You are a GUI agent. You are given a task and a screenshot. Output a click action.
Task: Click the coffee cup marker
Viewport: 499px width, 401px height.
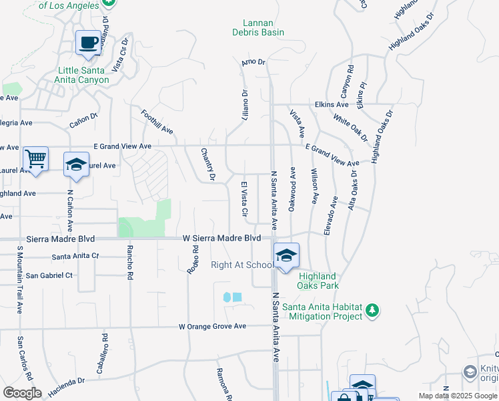click(88, 43)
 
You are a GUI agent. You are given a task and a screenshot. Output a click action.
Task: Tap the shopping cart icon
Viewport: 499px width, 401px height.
click(35, 160)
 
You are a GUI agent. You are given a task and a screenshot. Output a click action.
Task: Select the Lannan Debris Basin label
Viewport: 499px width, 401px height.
click(258, 27)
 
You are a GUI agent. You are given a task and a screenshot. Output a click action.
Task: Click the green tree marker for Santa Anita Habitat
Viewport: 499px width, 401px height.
click(372, 311)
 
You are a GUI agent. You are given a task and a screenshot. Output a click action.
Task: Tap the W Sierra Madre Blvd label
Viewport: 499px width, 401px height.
click(221, 238)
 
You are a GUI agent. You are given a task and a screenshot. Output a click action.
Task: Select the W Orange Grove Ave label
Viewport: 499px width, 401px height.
click(212, 326)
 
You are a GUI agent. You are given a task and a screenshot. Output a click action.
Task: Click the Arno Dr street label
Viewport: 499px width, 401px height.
click(254, 62)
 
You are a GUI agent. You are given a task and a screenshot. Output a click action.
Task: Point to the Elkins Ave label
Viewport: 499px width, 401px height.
click(332, 105)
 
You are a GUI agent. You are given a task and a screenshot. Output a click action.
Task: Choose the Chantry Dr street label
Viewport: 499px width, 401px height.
click(208, 164)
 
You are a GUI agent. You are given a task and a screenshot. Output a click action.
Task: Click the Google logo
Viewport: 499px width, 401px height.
click(21, 393)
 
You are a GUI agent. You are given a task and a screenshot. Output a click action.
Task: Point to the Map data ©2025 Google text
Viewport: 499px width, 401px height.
click(458, 396)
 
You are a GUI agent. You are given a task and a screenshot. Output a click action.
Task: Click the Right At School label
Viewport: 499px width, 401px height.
click(241, 265)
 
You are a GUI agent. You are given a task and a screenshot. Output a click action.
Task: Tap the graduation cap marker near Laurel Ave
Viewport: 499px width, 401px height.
click(76, 165)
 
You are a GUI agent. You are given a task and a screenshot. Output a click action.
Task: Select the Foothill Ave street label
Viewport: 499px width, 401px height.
click(157, 123)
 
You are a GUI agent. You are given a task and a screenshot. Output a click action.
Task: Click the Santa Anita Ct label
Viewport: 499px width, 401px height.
click(75, 256)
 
